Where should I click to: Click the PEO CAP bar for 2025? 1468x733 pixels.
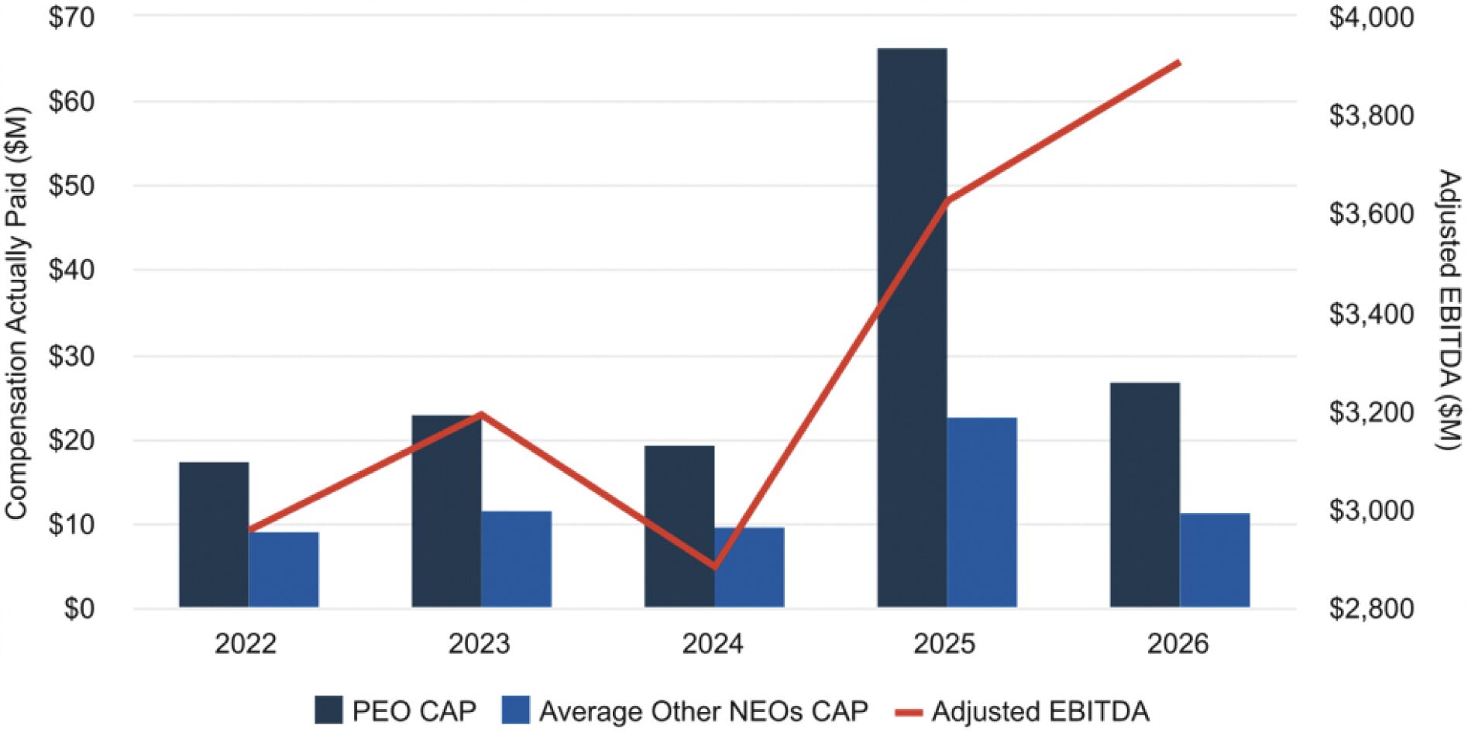click(912, 328)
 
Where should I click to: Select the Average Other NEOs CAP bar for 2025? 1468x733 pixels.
click(982, 512)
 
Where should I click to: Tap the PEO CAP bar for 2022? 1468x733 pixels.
click(214, 535)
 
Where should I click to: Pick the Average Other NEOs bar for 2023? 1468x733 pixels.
click(516, 559)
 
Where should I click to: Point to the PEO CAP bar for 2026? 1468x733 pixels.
click(1145, 495)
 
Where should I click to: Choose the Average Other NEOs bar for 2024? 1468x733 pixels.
click(749, 567)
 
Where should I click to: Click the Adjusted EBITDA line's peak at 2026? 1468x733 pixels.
click(1179, 62)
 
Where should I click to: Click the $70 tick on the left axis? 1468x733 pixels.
click(71, 16)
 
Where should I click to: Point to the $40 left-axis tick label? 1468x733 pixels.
click(71, 270)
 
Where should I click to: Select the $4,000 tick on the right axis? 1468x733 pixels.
click(1371, 16)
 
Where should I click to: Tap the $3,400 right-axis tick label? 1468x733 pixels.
click(1371, 313)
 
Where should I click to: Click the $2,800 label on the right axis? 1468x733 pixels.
click(1371, 608)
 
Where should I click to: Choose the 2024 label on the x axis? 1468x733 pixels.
click(712, 644)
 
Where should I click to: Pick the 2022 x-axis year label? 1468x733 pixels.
click(246, 644)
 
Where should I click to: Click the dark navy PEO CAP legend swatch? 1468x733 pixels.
click(328, 710)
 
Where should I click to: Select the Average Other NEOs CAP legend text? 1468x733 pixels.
click(703, 711)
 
